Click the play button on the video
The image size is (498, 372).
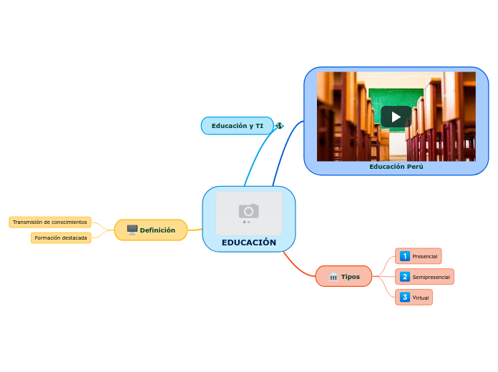[x=396, y=117]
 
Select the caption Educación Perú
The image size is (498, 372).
[x=396, y=167]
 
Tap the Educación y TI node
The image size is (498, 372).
[x=237, y=126]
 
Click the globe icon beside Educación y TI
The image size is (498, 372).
[x=279, y=126]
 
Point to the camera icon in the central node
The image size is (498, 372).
[x=249, y=211]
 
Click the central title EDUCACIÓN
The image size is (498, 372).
[x=249, y=243]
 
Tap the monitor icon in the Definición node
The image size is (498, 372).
[x=132, y=230]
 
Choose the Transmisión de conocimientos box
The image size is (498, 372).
[x=50, y=222]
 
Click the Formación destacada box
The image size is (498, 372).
[x=61, y=238]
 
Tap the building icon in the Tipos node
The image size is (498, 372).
[x=333, y=277]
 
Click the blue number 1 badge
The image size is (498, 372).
[x=405, y=256]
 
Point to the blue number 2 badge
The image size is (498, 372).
[x=405, y=277]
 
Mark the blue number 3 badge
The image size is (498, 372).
[x=405, y=298]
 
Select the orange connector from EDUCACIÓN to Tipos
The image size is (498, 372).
[x=298, y=264]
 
